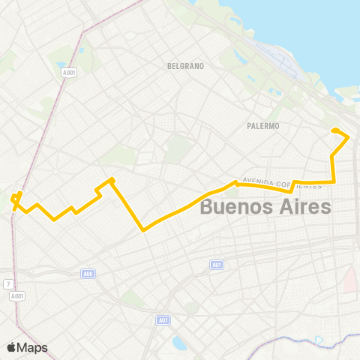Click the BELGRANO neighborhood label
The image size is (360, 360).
point(186,66)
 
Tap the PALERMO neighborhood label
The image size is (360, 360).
point(262,126)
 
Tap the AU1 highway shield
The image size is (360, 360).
point(217,264)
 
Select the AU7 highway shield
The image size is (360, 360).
point(163,320)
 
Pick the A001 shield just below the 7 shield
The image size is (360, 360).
point(17,296)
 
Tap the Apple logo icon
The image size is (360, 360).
point(12,347)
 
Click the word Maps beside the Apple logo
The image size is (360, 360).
point(33,347)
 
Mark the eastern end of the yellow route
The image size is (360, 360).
point(334,131)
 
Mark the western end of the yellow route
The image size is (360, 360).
point(13,199)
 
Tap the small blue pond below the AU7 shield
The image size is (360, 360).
point(179,343)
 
